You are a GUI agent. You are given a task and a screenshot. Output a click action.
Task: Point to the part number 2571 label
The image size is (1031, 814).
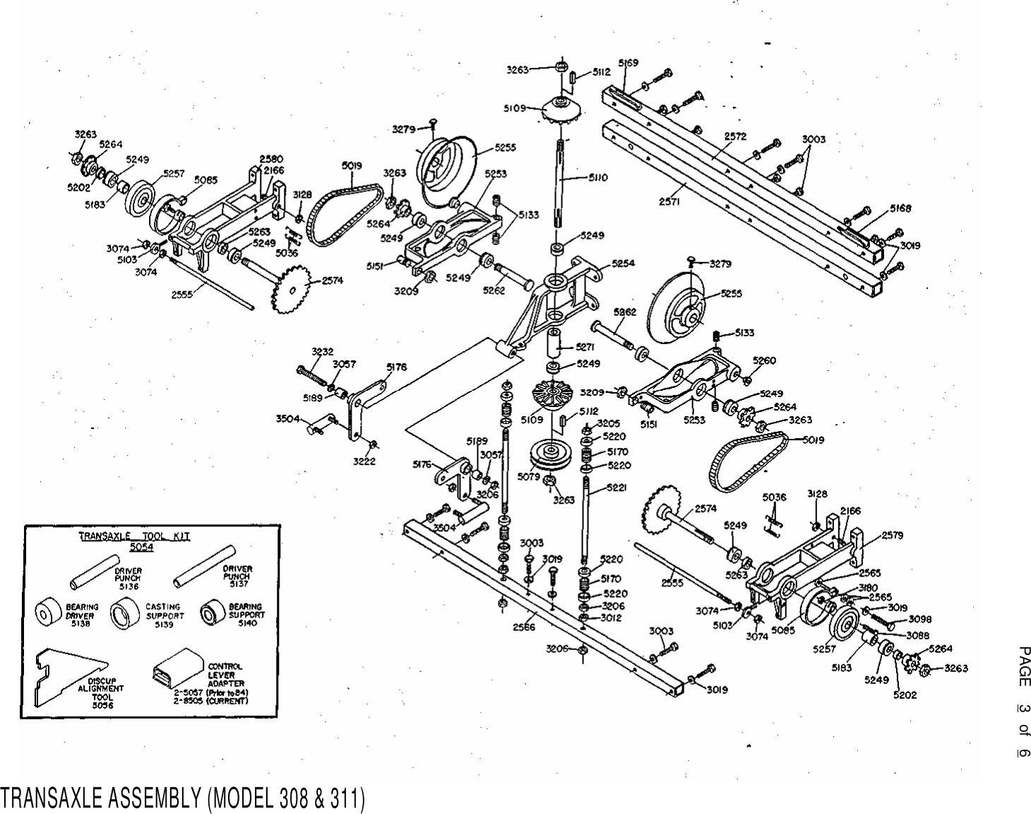click(x=670, y=201)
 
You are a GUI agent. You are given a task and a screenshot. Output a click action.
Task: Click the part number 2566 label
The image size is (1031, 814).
click(x=523, y=626)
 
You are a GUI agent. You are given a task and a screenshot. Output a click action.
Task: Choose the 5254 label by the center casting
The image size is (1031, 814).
click(x=623, y=263)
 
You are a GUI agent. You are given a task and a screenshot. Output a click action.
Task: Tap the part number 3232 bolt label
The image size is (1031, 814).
click(x=322, y=351)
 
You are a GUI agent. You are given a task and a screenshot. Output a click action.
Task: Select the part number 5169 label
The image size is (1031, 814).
click(x=628, y=62)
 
